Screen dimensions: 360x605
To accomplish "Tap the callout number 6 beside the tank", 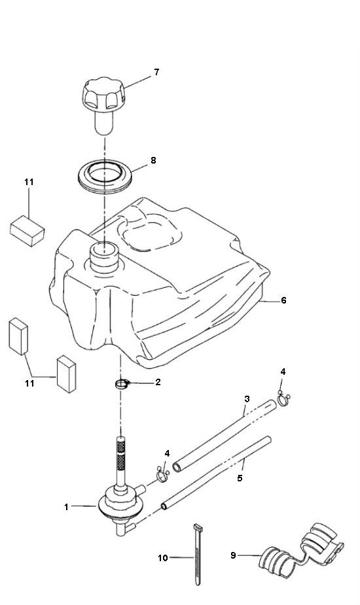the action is click(x=283, y=300).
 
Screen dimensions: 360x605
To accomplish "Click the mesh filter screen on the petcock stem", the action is click(x=121, y=456).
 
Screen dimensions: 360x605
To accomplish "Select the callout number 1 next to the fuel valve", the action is click(x=67, y=507).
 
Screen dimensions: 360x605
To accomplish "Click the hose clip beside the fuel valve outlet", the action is click(x=163, y=475).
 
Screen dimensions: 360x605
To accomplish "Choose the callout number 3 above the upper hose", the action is click(x=247, y=398).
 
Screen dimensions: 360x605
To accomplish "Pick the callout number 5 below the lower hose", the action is click(x=240, y=478).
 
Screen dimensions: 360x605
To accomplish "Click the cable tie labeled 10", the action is click(x=198, y=555).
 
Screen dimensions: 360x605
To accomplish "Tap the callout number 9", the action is click(x=233, y=555).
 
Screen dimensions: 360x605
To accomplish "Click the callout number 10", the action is click(x=163, y=558).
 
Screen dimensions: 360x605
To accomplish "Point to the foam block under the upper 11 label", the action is click(x=27, y=231).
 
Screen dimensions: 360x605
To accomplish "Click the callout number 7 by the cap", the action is click(x=156, y=72).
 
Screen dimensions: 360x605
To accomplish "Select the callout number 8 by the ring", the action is click(x=153, y=160).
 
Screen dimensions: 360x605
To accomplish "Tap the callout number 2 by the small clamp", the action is click(x=158, y=383).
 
